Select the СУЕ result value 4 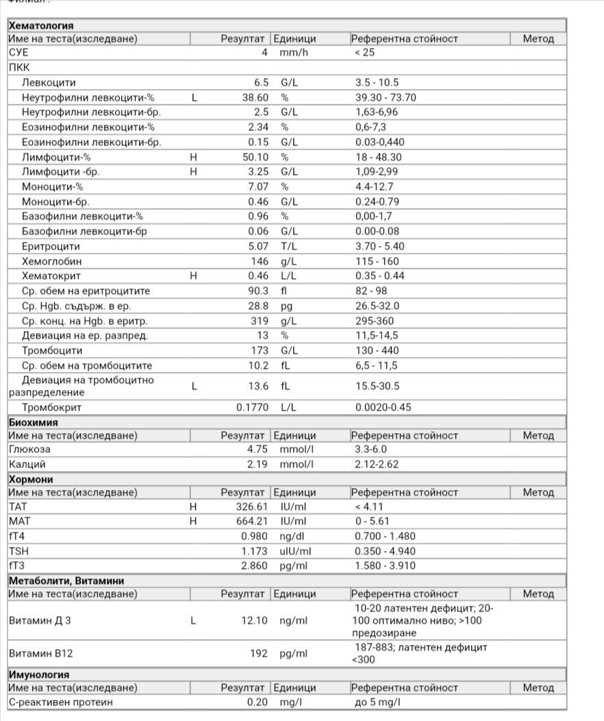click(x=264, y=52)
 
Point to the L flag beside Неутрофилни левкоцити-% click(x=194, y=97)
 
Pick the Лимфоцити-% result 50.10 click(x=255, y=157)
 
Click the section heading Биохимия click(x=33, y=422)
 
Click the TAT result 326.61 click(x=251, y=507)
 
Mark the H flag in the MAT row click(x=194, y=522)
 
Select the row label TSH click(x=19, y=551)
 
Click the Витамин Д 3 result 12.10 click(x=255, y=620)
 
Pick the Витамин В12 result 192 click(x=258, y=653)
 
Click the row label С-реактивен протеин click(x=61, y=702)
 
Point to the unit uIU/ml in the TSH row click(x=295, y=551)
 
